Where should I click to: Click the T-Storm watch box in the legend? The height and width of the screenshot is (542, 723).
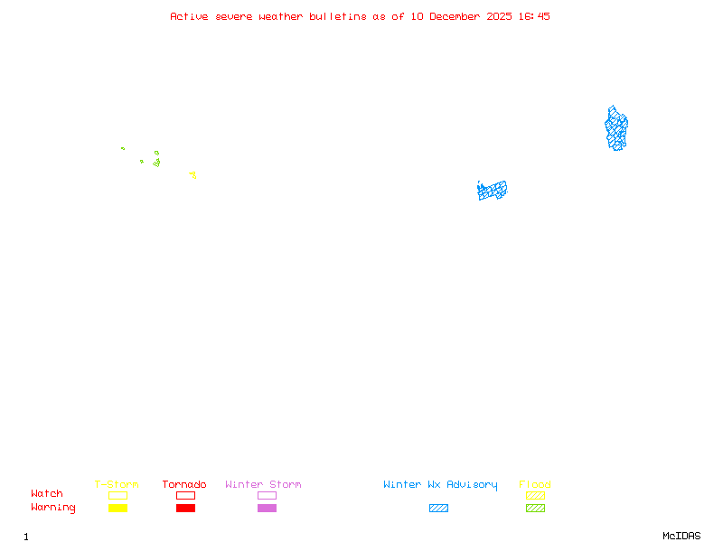tap(117, 495)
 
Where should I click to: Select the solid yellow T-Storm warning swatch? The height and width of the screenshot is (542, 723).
tap(117, 509)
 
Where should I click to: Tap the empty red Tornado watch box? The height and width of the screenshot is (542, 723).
tap(185, 495)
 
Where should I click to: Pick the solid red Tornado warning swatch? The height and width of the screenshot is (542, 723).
tap(185, 509)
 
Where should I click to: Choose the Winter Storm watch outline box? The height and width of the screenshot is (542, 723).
tap(267, 495)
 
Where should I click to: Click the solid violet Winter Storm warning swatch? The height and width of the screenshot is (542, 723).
tap(267, 509)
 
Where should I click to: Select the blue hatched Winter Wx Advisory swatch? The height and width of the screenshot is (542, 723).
tap(438, 509)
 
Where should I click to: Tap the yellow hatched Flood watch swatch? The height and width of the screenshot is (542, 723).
tap(535, 495)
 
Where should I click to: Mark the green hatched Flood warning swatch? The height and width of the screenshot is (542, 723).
tap(535, 509)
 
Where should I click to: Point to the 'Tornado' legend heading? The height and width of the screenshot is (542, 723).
tap(184, 485)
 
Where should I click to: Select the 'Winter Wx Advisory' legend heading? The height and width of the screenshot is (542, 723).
tap(440, 485)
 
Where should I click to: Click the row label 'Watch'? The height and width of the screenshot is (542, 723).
tap(47, 494)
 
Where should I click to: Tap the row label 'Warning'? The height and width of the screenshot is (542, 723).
tap(53, 508)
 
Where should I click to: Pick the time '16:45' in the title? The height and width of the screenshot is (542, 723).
tap(533, 16)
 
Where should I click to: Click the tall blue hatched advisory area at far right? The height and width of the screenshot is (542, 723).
tap(616, 129)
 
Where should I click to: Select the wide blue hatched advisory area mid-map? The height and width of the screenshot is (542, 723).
tap(493, 190)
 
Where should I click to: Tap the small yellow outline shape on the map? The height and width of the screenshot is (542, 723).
tap(192, 174)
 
